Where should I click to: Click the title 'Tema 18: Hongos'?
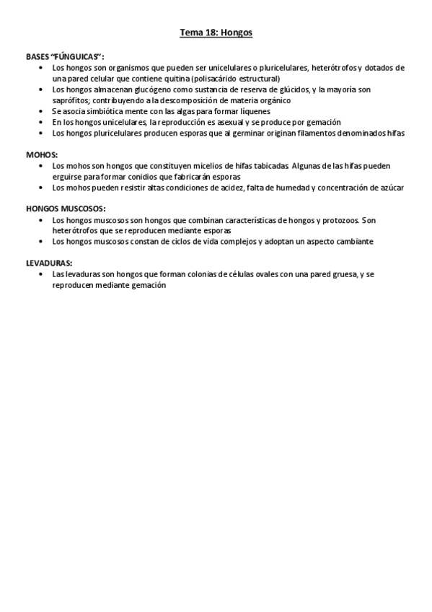216,32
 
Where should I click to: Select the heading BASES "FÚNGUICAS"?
65,56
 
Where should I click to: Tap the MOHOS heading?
42,154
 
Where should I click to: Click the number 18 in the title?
208,32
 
